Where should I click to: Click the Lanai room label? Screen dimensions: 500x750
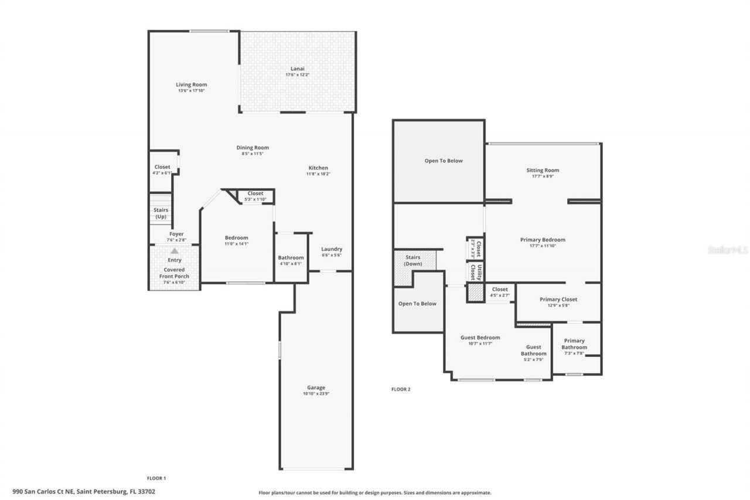pyautogui.click(x=297, y=69)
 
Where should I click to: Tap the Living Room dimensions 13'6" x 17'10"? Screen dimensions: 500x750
pyautogui.click(x=192, y=91)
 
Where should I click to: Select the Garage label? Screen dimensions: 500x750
pyautogui.click(x=316, y=387)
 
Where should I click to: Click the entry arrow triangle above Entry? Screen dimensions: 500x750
pyautogui.click(x=174, y=251)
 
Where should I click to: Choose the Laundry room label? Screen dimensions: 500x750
pyautogui.click(x=332, y=249)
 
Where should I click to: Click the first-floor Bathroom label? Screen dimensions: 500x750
pyautogui.click(x=291, y=258)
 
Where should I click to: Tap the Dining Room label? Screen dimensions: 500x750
pyautogui.click(x=253, y=148)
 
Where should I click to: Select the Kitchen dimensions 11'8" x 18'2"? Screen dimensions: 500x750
pyautogui.click(x=318, y=174)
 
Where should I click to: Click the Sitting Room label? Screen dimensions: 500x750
pyautogui.click(x=543, y=171)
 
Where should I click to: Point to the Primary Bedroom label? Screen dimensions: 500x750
pyautogui.click(x=543, y=240)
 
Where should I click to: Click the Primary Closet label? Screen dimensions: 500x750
pyautogui.click(x=558, y=300)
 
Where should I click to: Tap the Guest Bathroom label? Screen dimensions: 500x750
pyautogui.click(x=533, y=350)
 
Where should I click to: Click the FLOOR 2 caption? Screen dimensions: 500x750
pyautogui.click(x=401, y=389)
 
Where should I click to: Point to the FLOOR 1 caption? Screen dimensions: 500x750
pyautogui.click(x=156, y=478)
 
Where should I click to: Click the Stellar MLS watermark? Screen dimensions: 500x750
pyautogui.click(x=728, y=250)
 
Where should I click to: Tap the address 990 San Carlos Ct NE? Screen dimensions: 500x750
pyautogui.click(x=83, y=492)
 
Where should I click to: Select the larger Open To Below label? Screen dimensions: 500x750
pyautogui.click(x=444, y=161)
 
